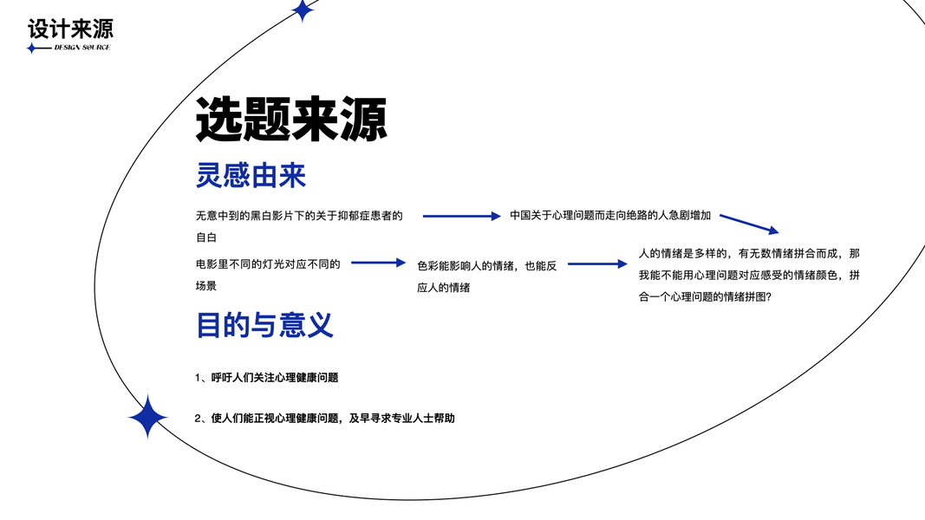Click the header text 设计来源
[70, 29]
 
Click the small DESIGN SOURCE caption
[82, 47]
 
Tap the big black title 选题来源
[290, 119]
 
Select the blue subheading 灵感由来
[251, 177]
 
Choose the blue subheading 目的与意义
[264, 325]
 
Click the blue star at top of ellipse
[302, 10]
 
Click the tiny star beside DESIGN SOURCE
[32, 48]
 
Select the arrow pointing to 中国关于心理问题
[461, 216]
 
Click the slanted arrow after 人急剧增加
[749, 223]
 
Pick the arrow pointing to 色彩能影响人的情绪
[378, 263]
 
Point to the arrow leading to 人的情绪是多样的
[596, 263]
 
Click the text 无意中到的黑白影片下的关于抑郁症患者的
[299, 216]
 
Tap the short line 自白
[205, 237]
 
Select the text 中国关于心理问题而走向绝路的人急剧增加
[610, 216]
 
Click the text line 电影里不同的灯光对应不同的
[268, 263]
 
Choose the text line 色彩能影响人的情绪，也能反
[486, 266]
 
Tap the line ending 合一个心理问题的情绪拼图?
[705, 296]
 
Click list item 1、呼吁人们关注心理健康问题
[267, 377]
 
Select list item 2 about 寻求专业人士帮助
[325, 418]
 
